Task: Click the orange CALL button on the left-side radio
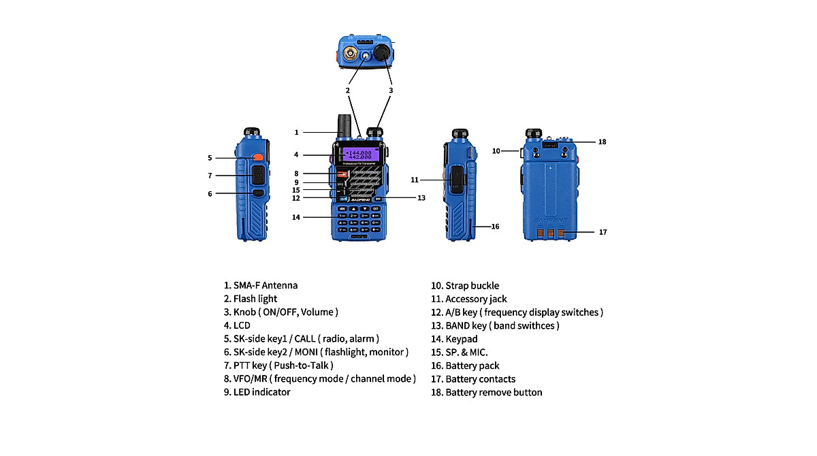(257, 158)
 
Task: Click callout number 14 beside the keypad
(296, 218)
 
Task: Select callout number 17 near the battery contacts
(603, 232)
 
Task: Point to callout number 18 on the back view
(602, 142)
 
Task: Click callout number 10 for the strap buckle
(496, 150)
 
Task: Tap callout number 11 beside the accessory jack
(414, 180)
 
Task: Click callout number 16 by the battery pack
(495, 227)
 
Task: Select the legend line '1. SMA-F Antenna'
(261, 285)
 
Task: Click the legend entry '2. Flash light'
(251, 299)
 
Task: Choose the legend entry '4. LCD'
(237, 325)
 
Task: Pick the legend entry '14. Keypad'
(455, 339)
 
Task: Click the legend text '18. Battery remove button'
(487, 392)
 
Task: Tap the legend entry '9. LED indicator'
(257, 392)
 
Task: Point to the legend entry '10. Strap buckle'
(465, 286)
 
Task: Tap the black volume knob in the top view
(382, 52)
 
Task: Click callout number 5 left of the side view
(210, 158)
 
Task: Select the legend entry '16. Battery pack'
(466, 365)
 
